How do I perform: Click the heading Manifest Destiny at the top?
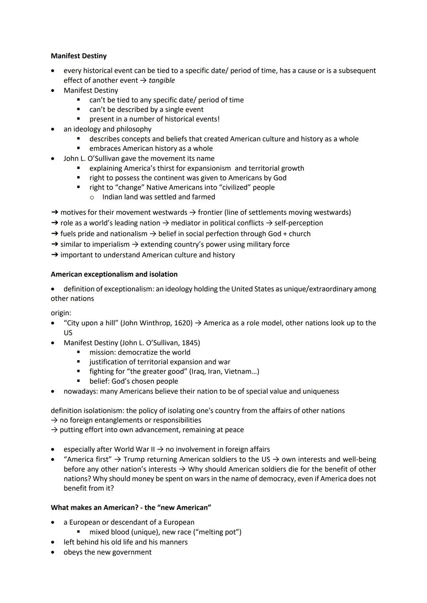[79, 56]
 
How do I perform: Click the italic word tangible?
[162, 81]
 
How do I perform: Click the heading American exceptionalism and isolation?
[114, 274]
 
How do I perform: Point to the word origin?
[61, 313]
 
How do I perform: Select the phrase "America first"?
[88, 460]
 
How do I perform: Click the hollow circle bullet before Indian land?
[92, 197]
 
